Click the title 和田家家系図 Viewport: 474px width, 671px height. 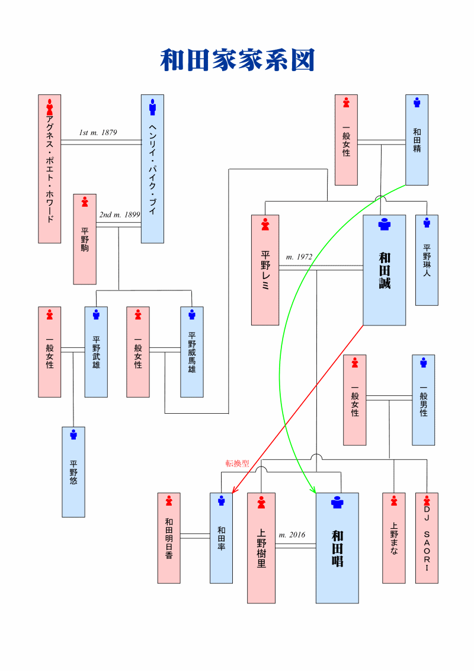coord(237,60)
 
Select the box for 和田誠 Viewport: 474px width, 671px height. coord(384,270)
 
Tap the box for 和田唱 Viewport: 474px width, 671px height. coord(337,548)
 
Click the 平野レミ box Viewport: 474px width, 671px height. coord(265,270)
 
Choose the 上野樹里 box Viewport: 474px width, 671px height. coord(261,548)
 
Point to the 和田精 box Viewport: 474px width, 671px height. coord(417,140)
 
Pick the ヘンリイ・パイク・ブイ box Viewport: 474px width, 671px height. coord(152,168)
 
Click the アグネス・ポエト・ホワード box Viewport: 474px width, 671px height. coord(50,168)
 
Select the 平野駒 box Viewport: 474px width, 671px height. coord(85,239)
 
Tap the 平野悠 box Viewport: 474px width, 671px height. coord(73,472)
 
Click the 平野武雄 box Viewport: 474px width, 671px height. coord(96,352)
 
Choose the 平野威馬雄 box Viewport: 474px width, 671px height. coord(191,352)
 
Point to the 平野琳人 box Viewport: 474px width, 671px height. coord(427,260)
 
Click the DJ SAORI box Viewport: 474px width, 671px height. coord(427,538)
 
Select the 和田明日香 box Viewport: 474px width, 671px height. coord(169,538)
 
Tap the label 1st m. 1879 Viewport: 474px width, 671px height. coord(98,133)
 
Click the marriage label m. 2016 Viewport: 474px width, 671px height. coord(292,535)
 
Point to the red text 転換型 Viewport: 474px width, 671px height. coord(237,463)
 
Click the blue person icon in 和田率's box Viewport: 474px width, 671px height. coord(221,501)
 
